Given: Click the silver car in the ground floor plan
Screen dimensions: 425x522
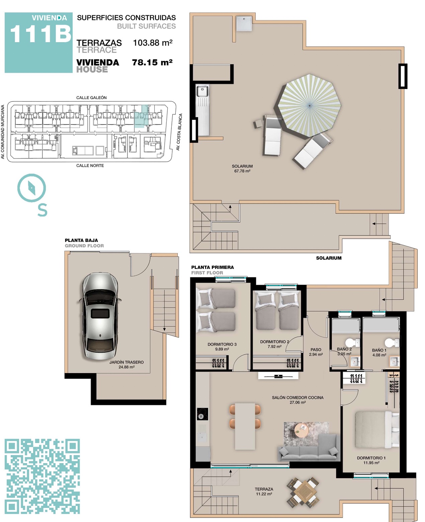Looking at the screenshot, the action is (100, 316).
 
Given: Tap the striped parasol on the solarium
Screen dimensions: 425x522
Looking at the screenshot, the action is (309, 105).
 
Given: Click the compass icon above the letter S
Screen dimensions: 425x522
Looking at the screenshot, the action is (31, 188).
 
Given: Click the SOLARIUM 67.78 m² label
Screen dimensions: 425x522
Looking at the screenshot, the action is (242, 168).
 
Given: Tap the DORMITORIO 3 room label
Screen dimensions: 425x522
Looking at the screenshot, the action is (222, 344).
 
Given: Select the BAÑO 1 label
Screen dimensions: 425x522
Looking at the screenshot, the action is (379, 350).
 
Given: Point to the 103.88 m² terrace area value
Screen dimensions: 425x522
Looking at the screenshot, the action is (153, 42).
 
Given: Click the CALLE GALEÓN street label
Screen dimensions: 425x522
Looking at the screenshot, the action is (91, 97).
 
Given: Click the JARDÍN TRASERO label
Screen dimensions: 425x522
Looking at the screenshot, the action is (126, 362).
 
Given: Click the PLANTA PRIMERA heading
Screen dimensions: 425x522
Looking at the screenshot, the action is (212, 267).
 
